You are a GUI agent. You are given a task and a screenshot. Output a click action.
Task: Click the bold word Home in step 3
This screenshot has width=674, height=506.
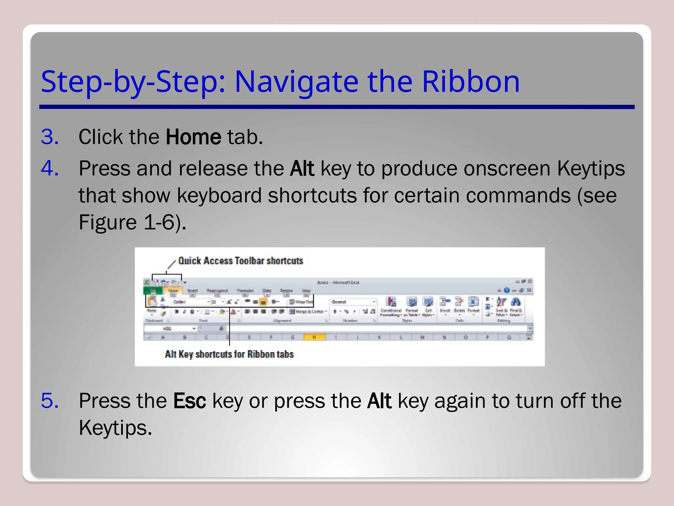[x=193, y=137]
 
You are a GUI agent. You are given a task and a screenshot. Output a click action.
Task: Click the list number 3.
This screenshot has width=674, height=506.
[x=50, y=137]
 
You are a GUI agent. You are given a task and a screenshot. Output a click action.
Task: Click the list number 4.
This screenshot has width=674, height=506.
[x=50, y=168]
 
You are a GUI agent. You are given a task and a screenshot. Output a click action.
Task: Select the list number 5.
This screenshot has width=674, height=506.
[x=50, y=401]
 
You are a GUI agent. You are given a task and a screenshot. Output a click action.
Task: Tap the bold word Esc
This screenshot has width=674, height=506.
[x=190, y=401]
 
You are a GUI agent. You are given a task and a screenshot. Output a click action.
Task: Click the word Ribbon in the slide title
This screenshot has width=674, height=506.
[x=471, y=81]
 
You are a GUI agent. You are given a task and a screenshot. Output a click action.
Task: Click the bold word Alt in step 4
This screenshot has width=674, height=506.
[x=302, y=169]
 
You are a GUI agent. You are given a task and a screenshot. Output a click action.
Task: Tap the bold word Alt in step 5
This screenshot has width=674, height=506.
[x=379, y=401]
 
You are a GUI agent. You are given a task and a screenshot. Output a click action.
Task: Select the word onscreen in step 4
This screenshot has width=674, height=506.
[x=507, y=169]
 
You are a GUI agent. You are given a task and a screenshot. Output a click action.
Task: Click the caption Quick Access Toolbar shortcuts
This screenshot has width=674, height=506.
[x=241, y=261]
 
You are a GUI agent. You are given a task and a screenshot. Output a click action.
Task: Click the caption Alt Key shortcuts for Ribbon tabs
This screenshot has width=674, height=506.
[x=229, y=354]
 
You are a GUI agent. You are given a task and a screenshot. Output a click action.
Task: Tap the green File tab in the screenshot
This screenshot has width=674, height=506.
[x=153, y=291]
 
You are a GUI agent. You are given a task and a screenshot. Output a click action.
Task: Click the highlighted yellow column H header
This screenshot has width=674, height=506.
[x=314, y=337]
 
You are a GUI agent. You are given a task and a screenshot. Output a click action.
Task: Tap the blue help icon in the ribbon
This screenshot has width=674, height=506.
[x=506, y=290]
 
